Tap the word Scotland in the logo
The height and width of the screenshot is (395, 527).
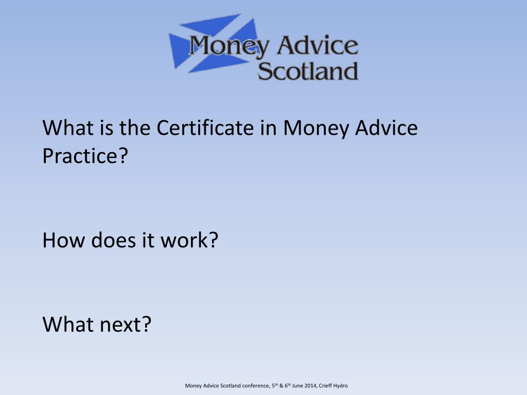pyautogui.click(x=307, y=71)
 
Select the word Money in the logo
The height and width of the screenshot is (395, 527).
pyautogui.click(x=229, y=46)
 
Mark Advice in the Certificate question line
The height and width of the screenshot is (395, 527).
pyautogui.click(x=387, y=128)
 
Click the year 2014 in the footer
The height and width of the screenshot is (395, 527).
pyautogui.click(x=310, y=386)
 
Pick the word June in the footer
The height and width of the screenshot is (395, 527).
pyautogui.click(x=297, y=386)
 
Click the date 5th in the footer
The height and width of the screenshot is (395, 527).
pyautogui.click(x=275, y=386)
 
